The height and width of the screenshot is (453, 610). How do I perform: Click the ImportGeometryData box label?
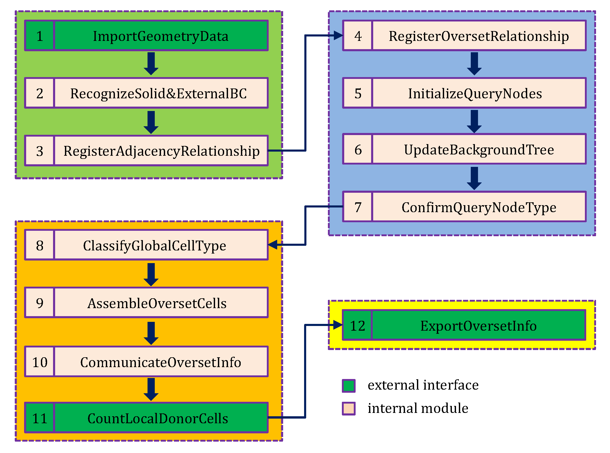coord(161,36)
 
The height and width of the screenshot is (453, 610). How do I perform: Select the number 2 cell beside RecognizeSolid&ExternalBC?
coord(40,93)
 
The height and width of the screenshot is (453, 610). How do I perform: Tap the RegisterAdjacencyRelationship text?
coord(161,151)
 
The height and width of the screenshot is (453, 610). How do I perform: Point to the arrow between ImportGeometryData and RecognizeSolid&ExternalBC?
coord(151,64)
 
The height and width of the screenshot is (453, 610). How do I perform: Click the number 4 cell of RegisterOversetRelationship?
coord(358,36)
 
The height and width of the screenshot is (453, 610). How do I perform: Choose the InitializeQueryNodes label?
coord(475,93)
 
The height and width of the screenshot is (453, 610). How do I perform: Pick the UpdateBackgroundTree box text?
coord(479,150)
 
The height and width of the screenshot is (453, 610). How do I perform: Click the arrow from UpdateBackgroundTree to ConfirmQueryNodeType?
coord(474,178)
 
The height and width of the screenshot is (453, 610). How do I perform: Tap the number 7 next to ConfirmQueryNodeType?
coord(358,207)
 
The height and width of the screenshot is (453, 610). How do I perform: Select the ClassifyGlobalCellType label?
coord(155,246)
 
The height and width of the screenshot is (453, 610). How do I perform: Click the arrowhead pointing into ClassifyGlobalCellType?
coord(273,244)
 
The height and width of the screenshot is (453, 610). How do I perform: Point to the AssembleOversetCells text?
coord(157,303)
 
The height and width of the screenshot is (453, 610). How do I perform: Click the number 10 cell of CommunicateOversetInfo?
coord(40,362)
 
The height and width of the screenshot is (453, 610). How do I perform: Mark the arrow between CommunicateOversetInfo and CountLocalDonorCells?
coord(151,389)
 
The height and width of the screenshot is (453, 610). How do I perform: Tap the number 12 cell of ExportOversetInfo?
coord(358,326)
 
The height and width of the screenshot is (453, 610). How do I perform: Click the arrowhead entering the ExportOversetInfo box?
coord(337,325)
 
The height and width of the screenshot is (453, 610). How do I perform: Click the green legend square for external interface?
coord(349,386)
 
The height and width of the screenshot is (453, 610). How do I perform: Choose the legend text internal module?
coord(418,408)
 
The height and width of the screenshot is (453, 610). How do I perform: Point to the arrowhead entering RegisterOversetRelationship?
coord(338,35)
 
